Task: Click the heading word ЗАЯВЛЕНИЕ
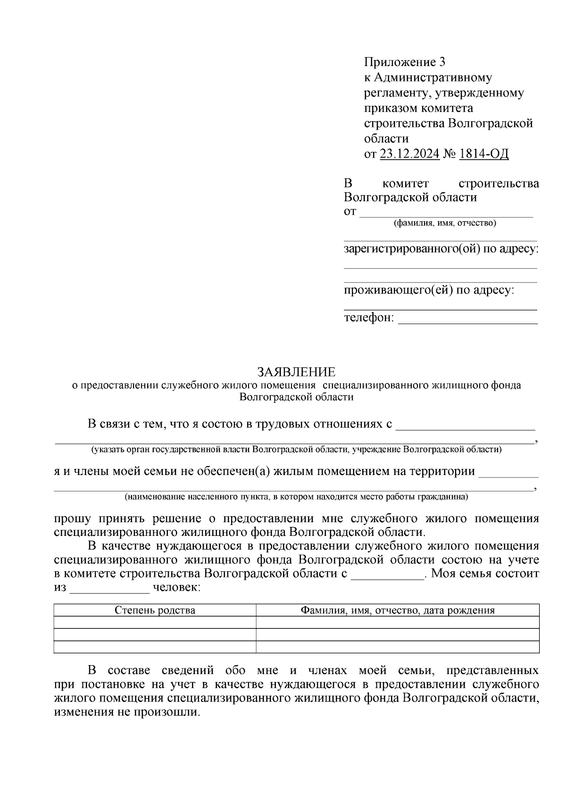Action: click(x=296, y=372)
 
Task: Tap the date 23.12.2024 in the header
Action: click(x=409, y=154)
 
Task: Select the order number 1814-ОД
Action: click(x=483, y=154)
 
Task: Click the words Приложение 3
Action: click(x=404, y=62)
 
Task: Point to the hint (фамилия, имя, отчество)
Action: click(x=445, y=223)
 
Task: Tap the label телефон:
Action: click(x=368, y=317)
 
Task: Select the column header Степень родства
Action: click(x=155, y=610)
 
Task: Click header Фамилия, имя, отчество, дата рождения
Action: click(x=398, y=610)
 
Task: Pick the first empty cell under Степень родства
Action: click(x=155, y=623)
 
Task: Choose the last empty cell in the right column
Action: click(x=398, y=647)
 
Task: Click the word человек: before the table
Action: click(x=175, y=588)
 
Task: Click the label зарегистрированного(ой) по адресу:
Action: click(x=441, y=249)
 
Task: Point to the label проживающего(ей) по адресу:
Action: click(x=429, y=290)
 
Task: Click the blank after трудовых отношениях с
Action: click(x=465, y=427)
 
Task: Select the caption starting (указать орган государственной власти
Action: click(x=296, y=450)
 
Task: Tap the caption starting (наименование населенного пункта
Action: click(x=296, y=497)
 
